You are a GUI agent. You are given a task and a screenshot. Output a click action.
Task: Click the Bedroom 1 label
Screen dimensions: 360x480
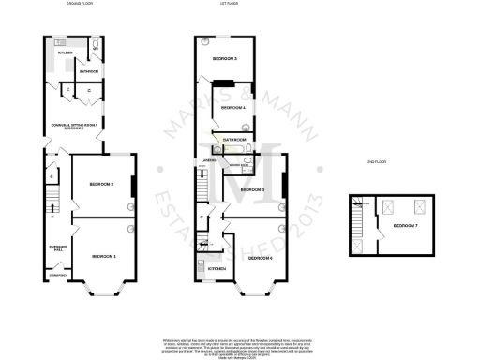103,256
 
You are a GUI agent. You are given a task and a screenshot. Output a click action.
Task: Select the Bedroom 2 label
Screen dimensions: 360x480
101,184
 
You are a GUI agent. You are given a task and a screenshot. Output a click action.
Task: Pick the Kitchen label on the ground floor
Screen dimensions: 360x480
65,53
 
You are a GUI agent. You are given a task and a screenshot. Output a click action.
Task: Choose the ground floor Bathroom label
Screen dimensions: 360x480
89,71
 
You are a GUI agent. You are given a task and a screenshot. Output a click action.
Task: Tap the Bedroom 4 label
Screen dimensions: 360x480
232,109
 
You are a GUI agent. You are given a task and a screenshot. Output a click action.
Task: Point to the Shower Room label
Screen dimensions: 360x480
226,163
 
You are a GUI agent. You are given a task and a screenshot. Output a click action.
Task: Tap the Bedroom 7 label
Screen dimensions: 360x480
406,227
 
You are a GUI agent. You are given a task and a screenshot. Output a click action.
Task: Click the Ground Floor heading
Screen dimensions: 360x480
78,5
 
